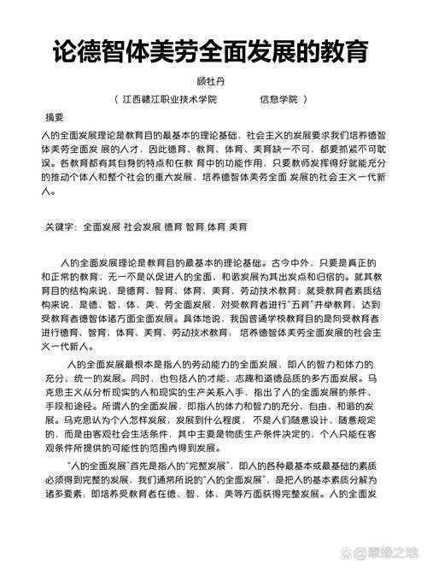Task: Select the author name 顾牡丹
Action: [213, 81]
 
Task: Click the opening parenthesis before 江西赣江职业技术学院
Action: [116, 99]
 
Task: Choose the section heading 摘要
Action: [54, 117]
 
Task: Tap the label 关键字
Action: [61, 227]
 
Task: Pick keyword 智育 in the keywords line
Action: [196, 227]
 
